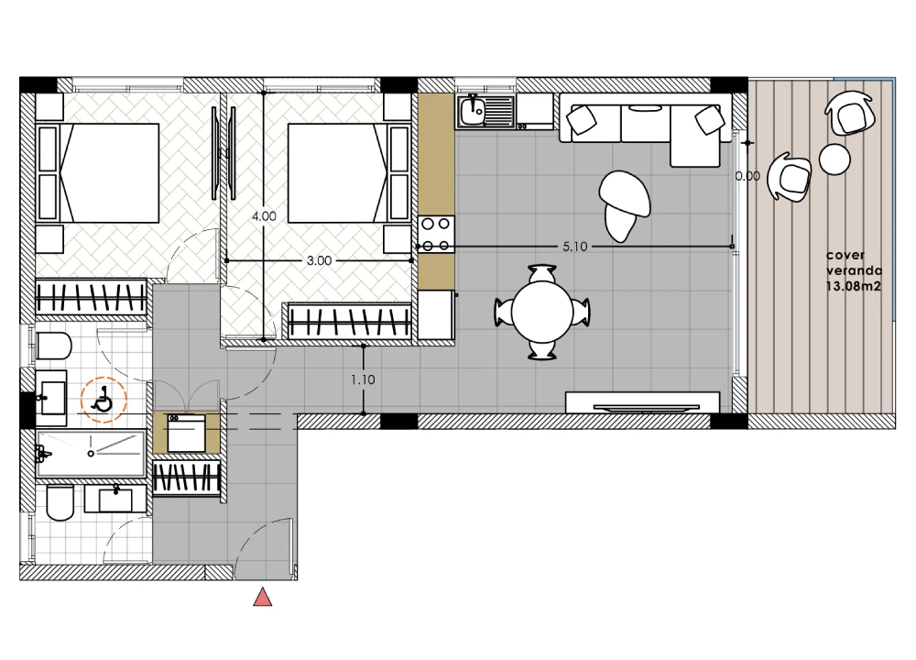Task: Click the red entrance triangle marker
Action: click(x=262, y=598)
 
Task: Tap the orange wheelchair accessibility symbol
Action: click(x=104, y=400)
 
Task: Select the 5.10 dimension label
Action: click(x=575, y=247)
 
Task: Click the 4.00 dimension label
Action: click(x=264, y=216)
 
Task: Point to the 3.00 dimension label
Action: click(x=319, y=260)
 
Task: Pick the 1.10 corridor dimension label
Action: click(x=363, y=380)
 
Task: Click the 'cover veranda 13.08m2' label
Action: click(x=854, y=270)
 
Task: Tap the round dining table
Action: click(x=542, y=313)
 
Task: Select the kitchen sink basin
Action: click(x=472, y=112)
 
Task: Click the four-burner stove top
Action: click(x=436, y=235)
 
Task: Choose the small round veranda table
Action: click(x=834, y=159)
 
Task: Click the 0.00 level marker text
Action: click(x=747, y=176)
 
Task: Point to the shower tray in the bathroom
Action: click(x=91, y=454)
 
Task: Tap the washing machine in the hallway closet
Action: click(x=186, y=433)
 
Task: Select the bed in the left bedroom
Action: click(x=98, y=173)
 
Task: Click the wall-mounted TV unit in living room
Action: click(x=643, y=402)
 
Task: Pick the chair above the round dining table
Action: click(x=542, y=273)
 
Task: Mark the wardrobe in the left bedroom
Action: click(x=91, y=298)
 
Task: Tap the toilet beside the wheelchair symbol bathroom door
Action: click(x=54, y=346)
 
